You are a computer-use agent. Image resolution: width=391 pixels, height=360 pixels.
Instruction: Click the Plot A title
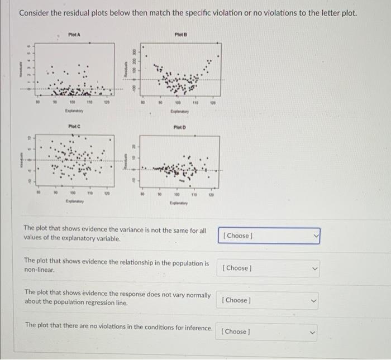74,35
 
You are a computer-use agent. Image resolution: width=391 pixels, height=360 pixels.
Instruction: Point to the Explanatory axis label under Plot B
179,112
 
